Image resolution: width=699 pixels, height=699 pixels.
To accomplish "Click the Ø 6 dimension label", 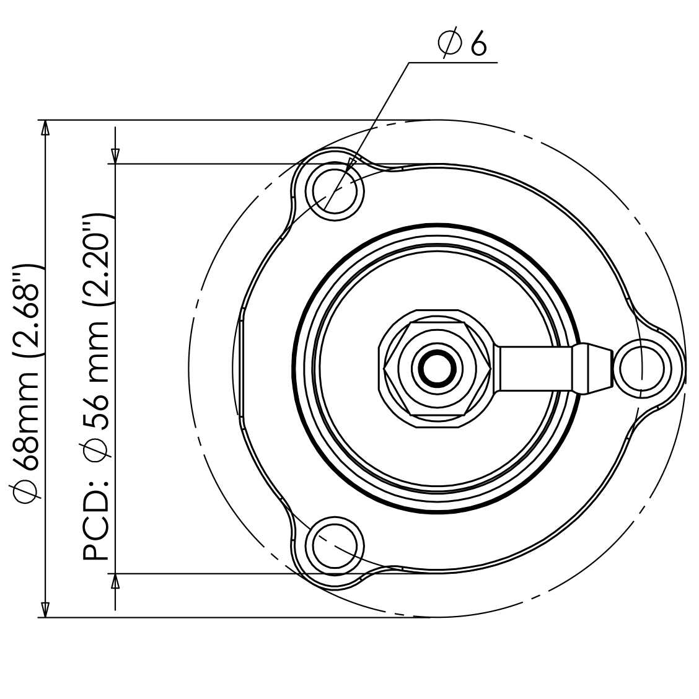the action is (x=462, y=43).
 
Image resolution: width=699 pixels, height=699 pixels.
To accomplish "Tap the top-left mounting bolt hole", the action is (x=335, y=191).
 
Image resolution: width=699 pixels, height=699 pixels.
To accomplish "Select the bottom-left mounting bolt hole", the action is (x=335, y=546).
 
